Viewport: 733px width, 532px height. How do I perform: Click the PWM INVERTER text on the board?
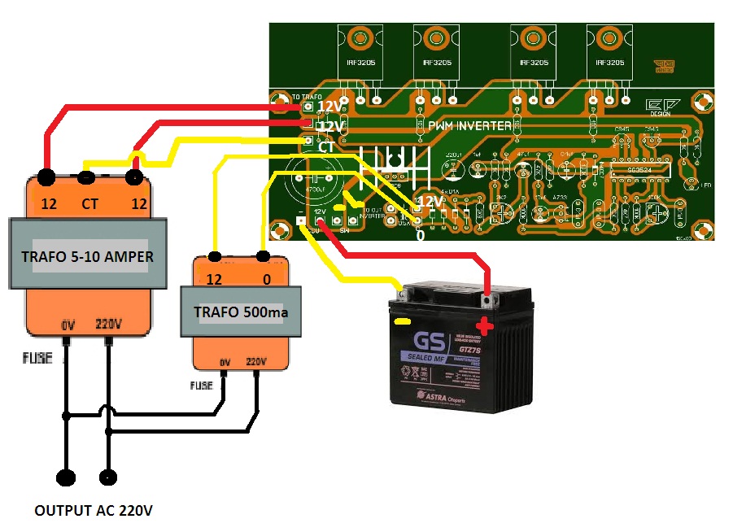pyautogui.click(x=470, y=125)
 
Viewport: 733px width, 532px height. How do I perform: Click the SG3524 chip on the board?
pyautogui.click(x=639, y=169)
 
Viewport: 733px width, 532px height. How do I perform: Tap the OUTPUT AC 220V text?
pyautogui.click(x=93, y=512)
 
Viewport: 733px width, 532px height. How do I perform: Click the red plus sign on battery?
pyautogui.click(x=484, y=327)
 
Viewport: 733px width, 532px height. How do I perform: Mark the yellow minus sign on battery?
pyautogui.click(x=402, y=322)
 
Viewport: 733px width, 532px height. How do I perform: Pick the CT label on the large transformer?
pyautogui.click(x=89, y=203)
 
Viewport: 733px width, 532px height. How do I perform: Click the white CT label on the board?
pyautogui.click(x=326, y=148)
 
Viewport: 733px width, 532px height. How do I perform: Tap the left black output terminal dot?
pyautogui.click(x=65, y=477)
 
